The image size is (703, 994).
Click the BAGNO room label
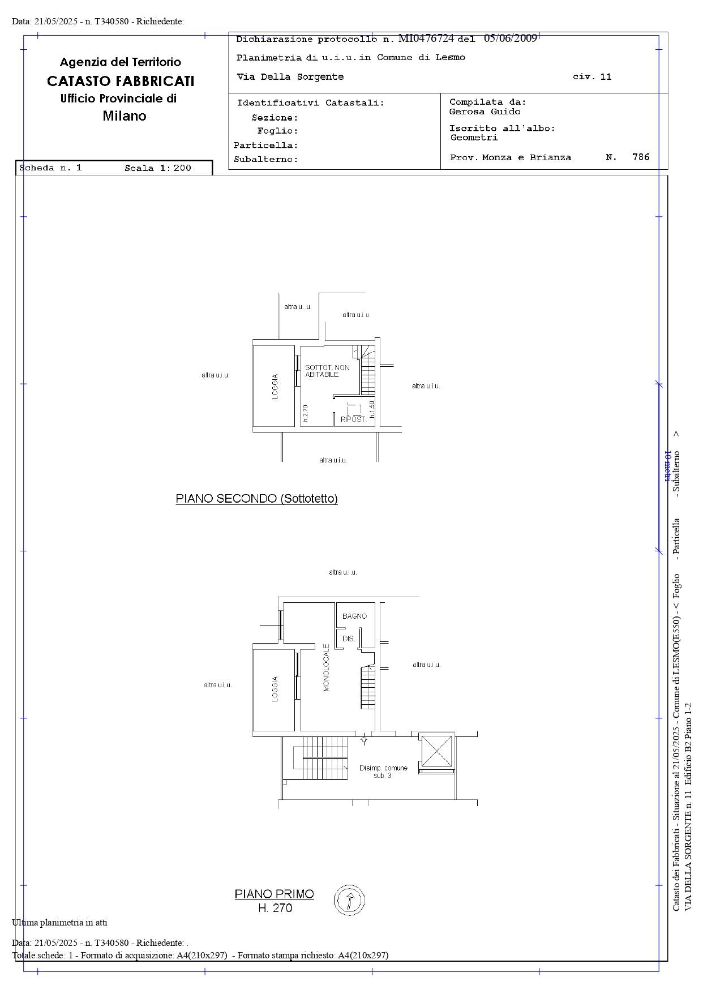354,616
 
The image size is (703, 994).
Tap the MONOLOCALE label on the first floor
326,667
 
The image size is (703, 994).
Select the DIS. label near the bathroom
349,639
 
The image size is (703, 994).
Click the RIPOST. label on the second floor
353,419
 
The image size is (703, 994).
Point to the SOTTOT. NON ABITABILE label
327,371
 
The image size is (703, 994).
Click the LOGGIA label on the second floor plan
275,387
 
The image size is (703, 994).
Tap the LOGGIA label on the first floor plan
275,689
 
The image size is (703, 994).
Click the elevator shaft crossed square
436,751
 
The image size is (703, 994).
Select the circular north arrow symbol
349,900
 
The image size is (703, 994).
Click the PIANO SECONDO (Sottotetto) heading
256,499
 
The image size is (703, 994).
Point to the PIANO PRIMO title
274,894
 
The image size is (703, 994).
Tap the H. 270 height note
275,908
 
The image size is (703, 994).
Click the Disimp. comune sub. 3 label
383,772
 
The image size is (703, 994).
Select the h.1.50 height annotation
372,409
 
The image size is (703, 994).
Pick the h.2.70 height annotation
305,413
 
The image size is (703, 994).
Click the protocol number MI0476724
426,38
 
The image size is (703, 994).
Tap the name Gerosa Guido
485,112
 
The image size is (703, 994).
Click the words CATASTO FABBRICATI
121,81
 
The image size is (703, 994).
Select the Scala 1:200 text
158,168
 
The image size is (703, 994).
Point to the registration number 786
641,157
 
